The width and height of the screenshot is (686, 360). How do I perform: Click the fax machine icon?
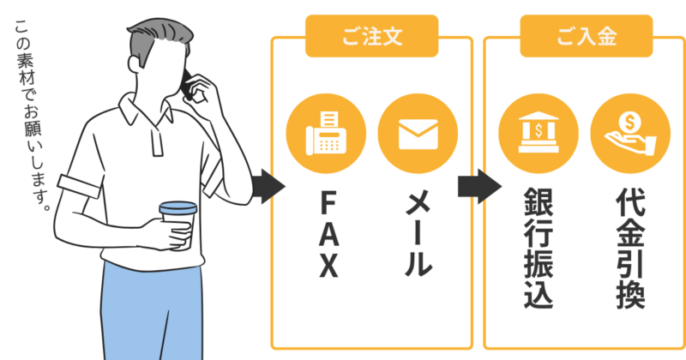point(326,133)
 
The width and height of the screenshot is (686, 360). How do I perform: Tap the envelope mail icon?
point(418,134)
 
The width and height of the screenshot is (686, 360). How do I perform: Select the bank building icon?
point(539,134)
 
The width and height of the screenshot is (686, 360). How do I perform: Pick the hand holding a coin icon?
point(630,134)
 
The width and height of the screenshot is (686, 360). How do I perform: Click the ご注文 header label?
point(372,36)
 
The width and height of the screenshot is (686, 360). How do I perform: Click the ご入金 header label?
point(587,36)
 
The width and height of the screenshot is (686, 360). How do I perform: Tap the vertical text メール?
point(418,235)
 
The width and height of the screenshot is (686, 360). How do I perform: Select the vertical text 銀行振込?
point(539,248)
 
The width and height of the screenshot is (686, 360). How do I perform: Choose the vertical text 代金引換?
point(630,248)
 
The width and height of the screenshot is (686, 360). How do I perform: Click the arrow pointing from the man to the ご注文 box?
point(268,187)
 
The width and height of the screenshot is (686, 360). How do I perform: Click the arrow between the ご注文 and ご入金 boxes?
point(480,187)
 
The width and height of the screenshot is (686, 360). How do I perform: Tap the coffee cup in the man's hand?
point(178,225)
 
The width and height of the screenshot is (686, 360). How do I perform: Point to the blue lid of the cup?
point(178,207)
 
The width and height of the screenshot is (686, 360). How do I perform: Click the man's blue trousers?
point(152,311)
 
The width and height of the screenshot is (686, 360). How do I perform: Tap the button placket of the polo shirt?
point(158,141)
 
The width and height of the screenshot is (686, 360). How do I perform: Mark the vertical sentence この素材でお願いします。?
point(32,116)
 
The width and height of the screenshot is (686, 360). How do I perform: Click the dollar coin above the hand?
point(630,122)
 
